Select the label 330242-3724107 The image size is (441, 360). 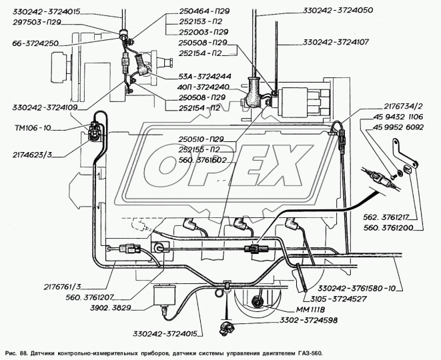pyautogui.click(x=336, y=42)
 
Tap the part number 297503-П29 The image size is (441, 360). pyautogui.click(x=37, y=22)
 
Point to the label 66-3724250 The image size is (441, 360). pyautogui.click(x=35, y=43)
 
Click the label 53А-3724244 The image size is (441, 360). pyautogui.click(x=205, y=76)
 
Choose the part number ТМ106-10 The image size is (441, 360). pyautogui.click(x=33, y=128)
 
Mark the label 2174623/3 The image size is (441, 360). pyautogui.click(x=32, y=155)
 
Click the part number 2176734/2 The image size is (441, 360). pyautogui.click(x=403, y=106)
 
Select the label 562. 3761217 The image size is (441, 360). pyautogui.click(x=386, y=217)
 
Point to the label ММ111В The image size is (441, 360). pyautogui.click(x=310, y=309)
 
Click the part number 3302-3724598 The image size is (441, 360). pyautogui.click(x=308, y=320)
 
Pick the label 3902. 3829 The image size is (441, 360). pyautogui.click(x=111, y=308)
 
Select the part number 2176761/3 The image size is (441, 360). pyautogui.click(x=62, y=287)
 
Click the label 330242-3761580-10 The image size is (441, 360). pyautogui.click(x=357, y=289)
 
